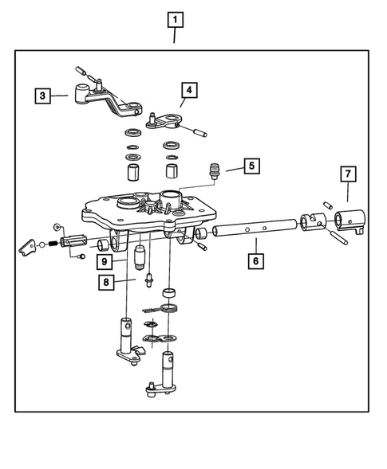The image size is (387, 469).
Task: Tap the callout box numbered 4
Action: (x=188, y=89)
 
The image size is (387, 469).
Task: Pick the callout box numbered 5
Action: (x=251, y=166)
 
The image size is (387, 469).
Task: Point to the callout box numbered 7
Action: (x=347, y=173)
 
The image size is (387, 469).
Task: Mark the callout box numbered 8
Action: (x=106, y=281)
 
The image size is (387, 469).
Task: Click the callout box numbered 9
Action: (x=104, y=260)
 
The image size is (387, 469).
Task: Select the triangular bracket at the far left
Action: (x=27, y=248)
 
